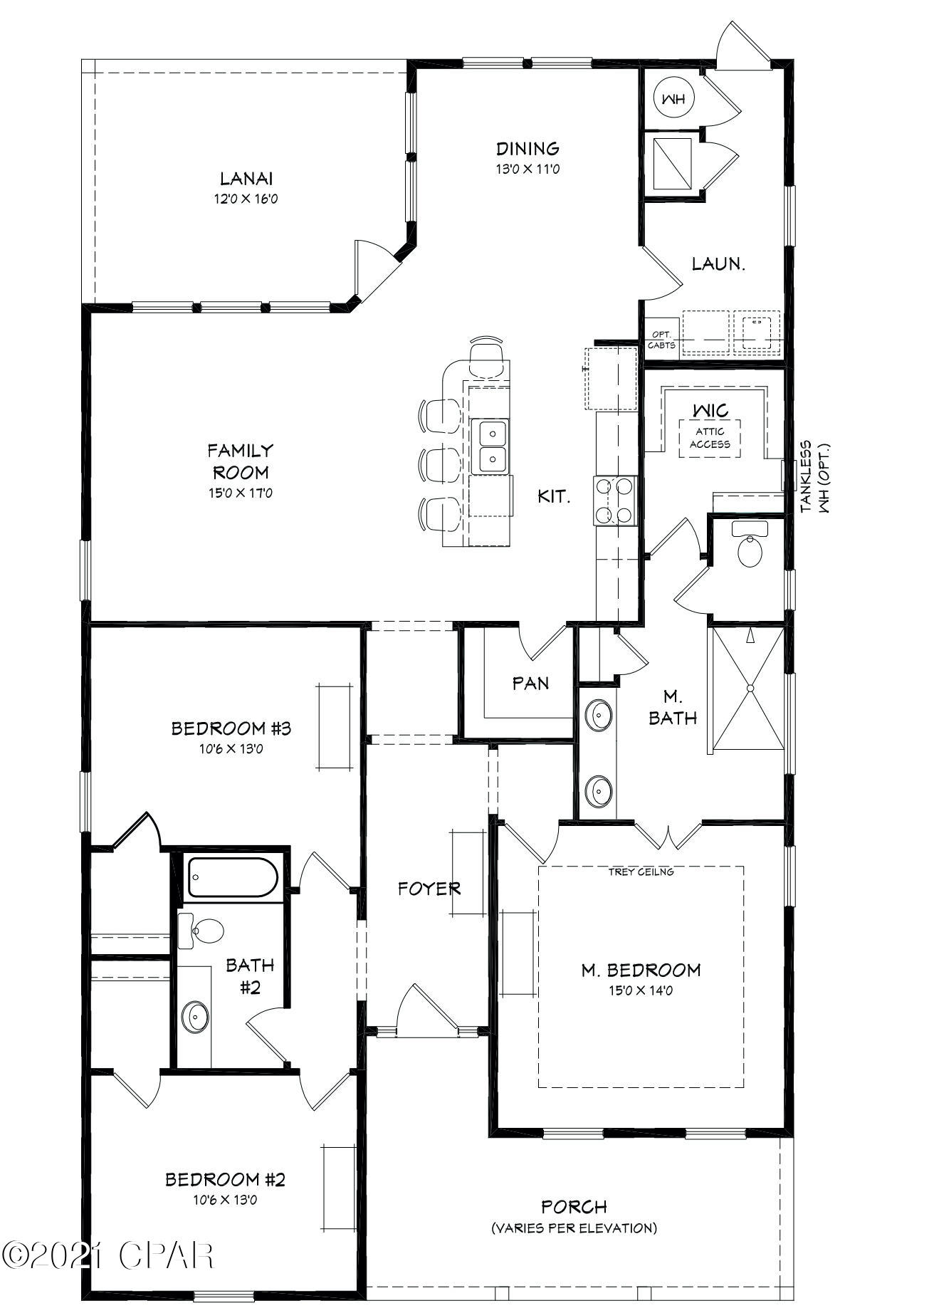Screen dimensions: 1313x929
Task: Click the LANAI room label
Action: coord(246,178)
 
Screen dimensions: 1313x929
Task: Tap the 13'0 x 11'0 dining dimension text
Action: coord(528,169)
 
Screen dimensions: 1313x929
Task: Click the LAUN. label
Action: coord(718,264)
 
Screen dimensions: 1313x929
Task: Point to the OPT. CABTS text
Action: coord(661,340)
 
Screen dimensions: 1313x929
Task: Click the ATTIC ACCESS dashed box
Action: coord(709,439)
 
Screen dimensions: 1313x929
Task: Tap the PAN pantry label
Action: coord(531,684)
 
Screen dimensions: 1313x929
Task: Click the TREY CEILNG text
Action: coord(641,872)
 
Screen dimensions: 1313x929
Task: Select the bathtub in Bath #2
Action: coord(232,878)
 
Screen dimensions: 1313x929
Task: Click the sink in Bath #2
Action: coord(194,1017)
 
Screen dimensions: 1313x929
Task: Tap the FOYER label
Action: coord(429,889)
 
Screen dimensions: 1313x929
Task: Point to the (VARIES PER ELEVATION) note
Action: coord(574,1228)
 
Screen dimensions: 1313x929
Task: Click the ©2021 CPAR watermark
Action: coord(107,1255)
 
